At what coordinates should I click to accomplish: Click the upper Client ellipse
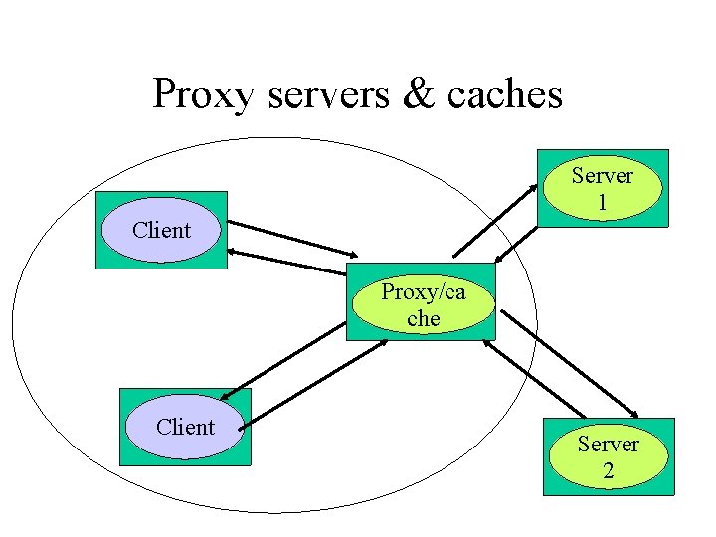(x=161, y=230)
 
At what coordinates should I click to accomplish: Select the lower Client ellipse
(x=185, y=427)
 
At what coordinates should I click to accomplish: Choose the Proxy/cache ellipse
(x=423, y=305)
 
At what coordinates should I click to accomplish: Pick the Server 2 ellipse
(x=608, y=456)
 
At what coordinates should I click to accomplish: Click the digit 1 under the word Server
(x=602, y=202)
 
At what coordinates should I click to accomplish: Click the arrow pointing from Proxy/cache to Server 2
(x=570, y=362)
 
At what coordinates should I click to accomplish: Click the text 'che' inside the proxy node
(x=423, y=319)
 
